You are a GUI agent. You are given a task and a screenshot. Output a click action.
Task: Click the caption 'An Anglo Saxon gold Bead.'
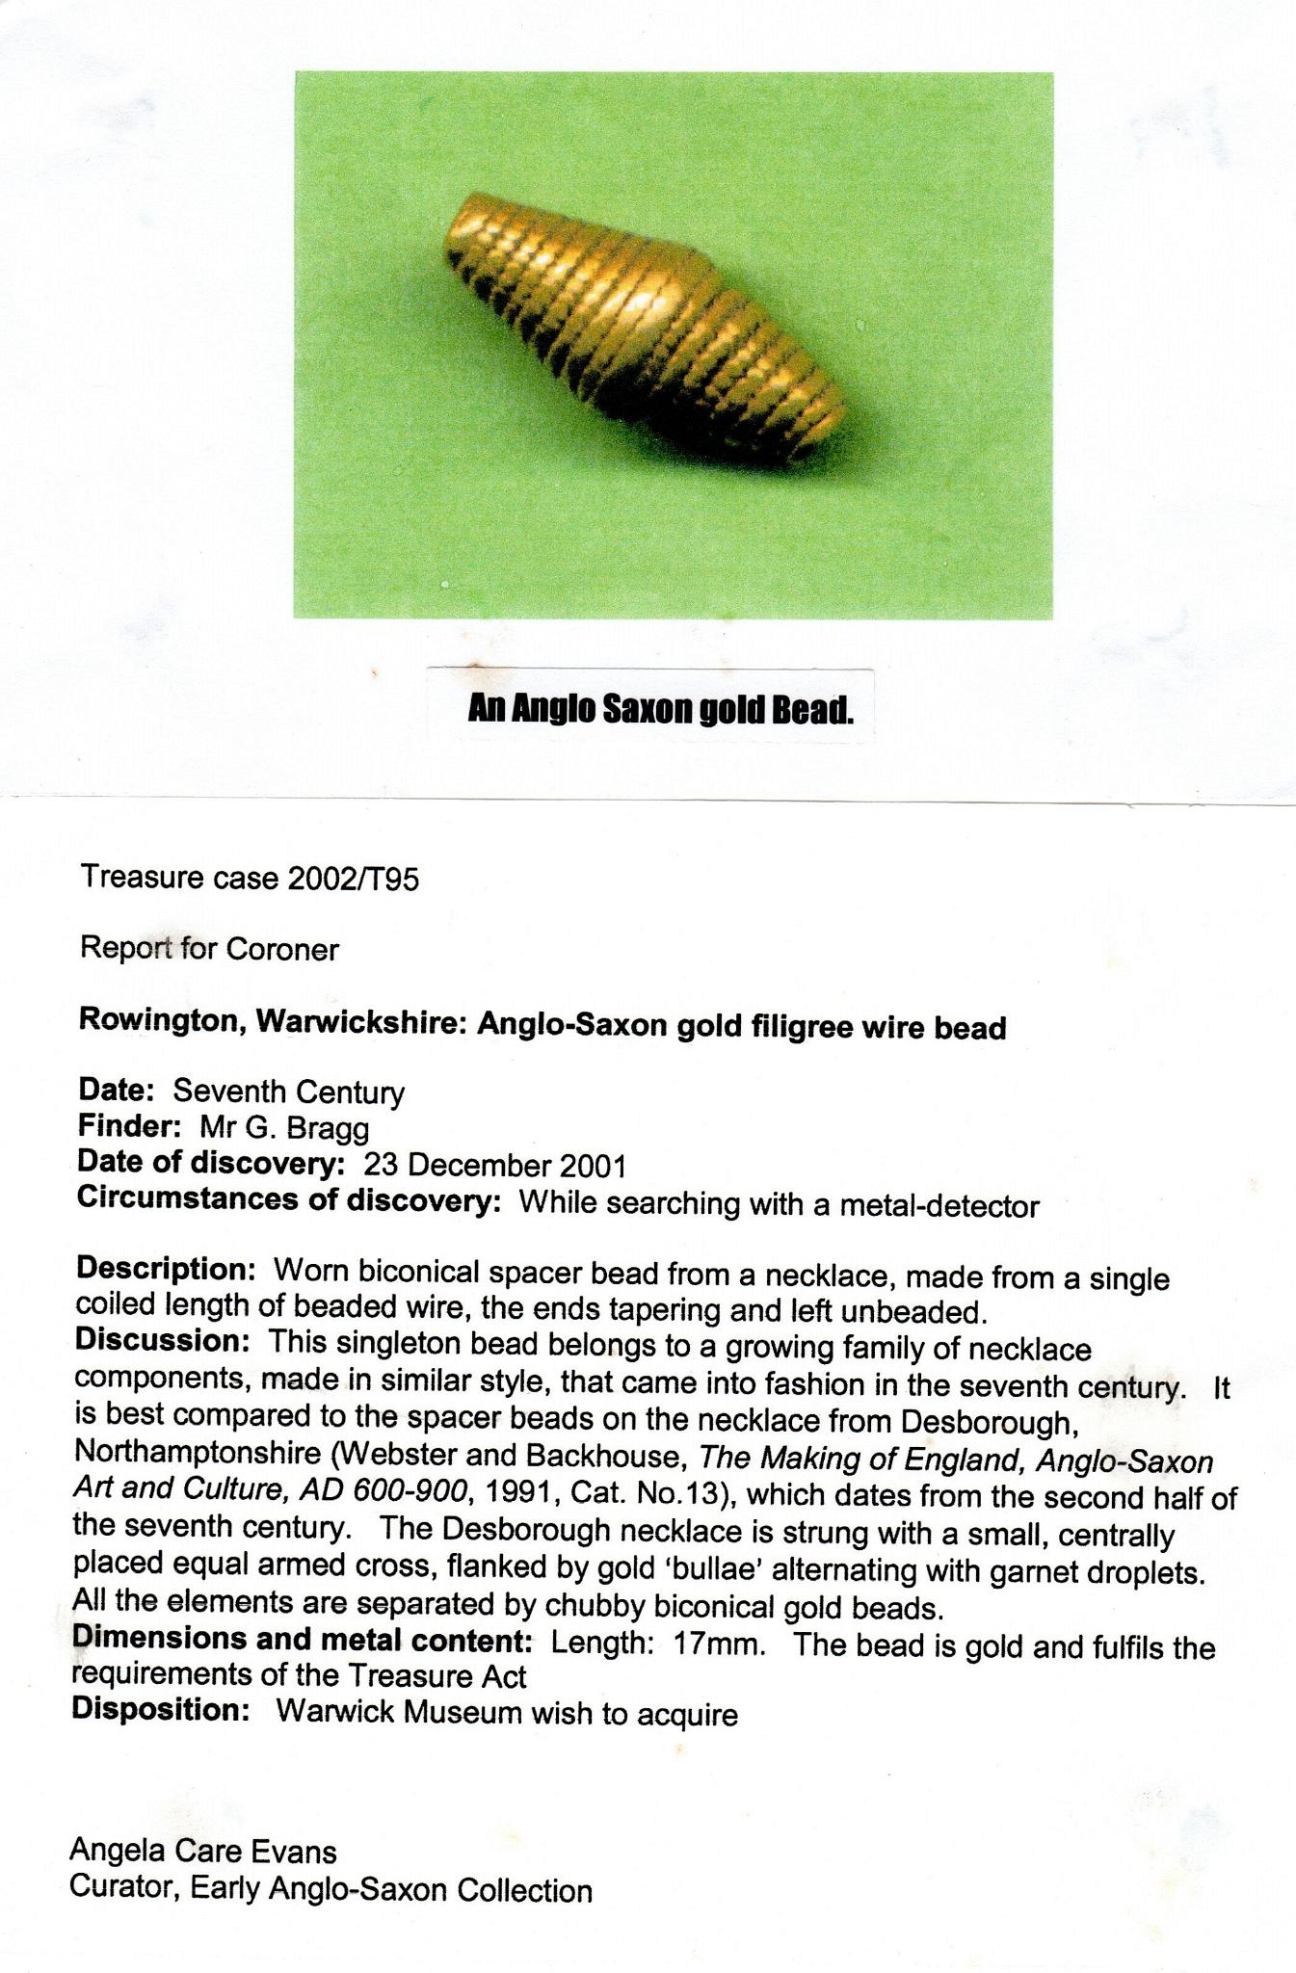(x=661, y=710)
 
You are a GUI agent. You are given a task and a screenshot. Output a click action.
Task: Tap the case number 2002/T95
(x=354, y=879)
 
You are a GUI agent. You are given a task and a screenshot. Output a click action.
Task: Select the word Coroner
(x=282, y=950)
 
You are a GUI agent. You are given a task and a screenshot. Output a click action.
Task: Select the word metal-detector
(x=939, y=1206)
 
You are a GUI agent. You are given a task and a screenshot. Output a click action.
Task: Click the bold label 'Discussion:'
(x=163, y=1340)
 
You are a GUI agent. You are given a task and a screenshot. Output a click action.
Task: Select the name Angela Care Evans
(x=203, y=1851)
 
